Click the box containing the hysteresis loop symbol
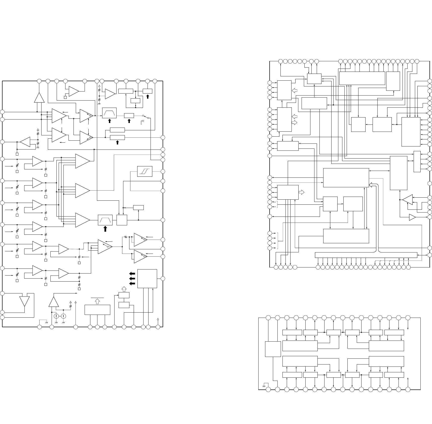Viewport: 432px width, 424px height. pyautogui.click(x=145, y=171)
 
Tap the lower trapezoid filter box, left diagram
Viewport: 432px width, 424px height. pyautogui.click(x=105, y=220)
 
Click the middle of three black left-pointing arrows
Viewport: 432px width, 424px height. pyautogui.click(x=132, y=279)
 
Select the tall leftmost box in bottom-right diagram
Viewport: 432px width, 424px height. pyautogui.click(x=273, y=349)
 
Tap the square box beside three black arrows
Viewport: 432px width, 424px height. pyautogui.click(x=147, y=279)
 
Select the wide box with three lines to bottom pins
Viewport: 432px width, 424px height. pyautogui.click(x=97, y=310)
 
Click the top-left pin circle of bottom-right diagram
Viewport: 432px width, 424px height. pyautogui.click(x=268, y=318)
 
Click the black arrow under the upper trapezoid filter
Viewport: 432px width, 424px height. pyautogui.click(x=110, y=121)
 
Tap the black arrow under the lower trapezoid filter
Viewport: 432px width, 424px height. pyautogui.click(x=105, y=229)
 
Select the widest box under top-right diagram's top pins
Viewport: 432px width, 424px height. pyautogui.click(x=362, y=78)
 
